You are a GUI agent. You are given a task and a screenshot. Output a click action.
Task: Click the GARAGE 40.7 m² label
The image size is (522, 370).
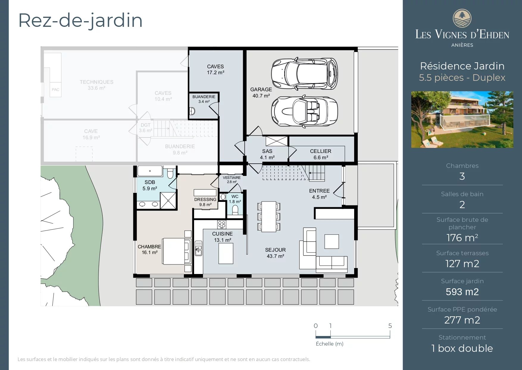click(261, 92)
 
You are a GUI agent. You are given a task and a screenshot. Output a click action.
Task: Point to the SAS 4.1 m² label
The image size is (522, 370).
click(267, 154)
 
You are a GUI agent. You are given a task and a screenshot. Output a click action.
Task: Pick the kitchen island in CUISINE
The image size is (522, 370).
click(226, 253)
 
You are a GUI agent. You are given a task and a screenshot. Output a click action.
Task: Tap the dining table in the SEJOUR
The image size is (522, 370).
click(269, 216)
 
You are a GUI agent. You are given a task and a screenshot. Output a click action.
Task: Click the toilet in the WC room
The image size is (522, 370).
click(235, 210)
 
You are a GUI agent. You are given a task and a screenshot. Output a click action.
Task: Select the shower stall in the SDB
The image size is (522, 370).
click(168, 200)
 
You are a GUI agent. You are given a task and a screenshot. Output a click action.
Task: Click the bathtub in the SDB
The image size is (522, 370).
click(150, 171)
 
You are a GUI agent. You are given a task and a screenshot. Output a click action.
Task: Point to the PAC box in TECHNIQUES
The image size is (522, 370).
click(55, 89)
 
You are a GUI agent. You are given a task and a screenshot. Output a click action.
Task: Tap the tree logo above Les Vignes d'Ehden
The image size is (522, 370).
click(462, 18)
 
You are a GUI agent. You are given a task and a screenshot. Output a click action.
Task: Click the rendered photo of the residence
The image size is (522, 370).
click(462, 119)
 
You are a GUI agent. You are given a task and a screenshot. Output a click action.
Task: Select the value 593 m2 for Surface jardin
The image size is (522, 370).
click(462, 292)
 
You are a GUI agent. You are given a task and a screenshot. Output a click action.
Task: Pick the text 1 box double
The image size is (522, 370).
click(462, 348)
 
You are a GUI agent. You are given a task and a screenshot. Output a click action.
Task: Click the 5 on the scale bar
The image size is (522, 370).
click(390, 326)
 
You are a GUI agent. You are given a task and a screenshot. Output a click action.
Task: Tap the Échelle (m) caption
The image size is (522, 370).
click(329, 344)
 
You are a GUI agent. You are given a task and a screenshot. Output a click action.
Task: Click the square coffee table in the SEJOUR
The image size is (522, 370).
click(332, 241)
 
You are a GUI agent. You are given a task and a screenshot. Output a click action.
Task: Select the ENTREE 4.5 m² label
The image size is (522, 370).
click(319, 194)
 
